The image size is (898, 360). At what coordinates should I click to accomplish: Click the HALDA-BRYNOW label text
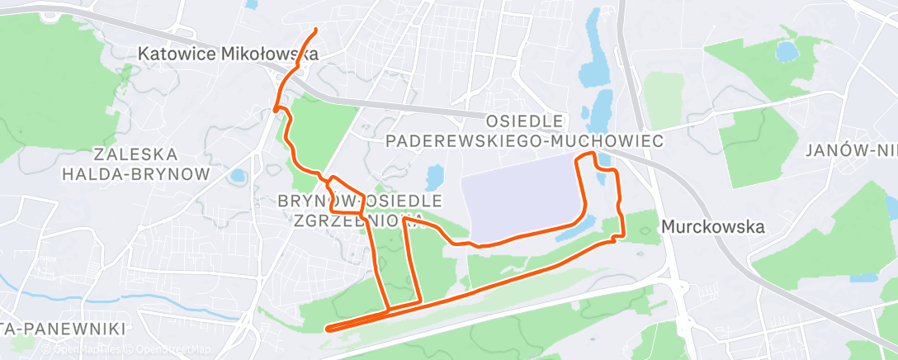pyautogui.click(x=136, y=173)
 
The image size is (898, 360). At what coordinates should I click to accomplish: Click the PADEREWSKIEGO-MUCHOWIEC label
pyautogui.click(x=524, y=142)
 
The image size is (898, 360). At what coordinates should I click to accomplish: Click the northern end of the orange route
pyautogui.click(x=316, y=31)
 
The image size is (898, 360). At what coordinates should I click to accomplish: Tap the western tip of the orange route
pyautogui.click(x=328, y=329)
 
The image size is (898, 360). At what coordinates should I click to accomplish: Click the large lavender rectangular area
pyautogui.click(x=520, y=202)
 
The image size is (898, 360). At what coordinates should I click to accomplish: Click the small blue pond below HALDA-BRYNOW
pyautogui.click(x=238, y=175)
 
